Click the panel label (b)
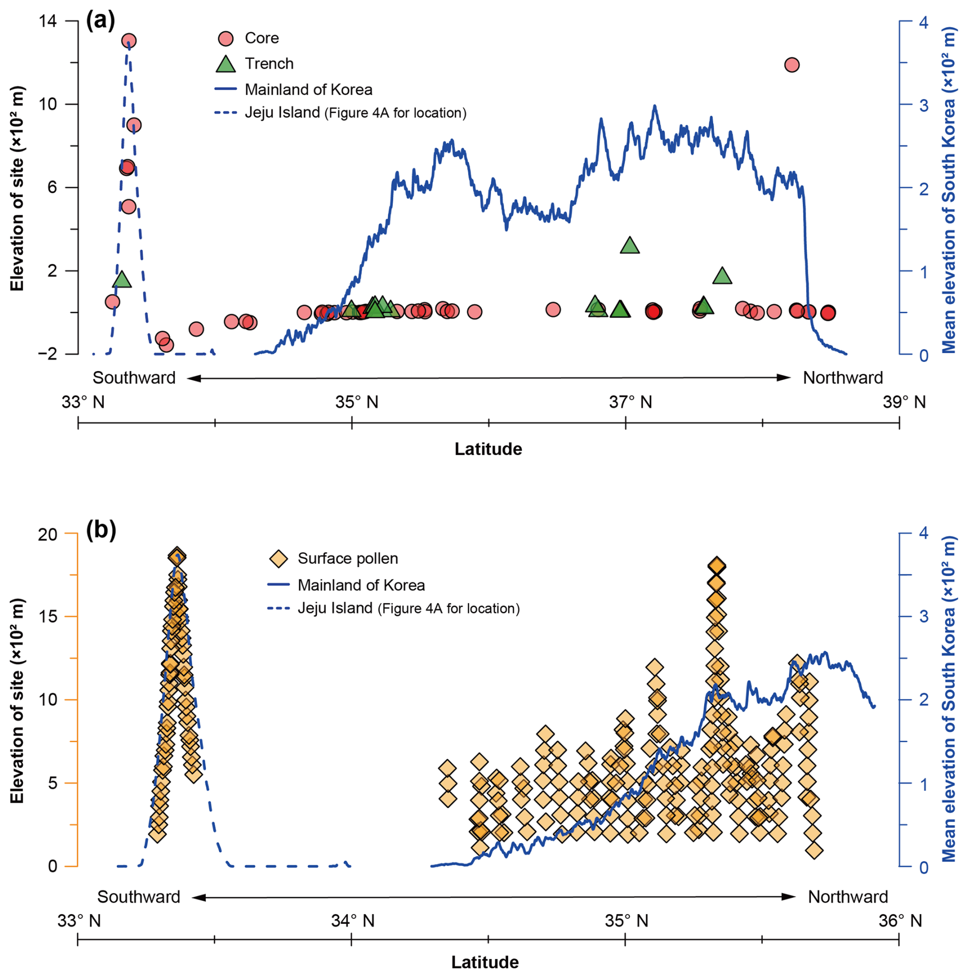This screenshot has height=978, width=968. pyautogui.click(x=101, y=530)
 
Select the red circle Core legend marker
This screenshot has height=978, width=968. pyautogui.click(x=226, y=38)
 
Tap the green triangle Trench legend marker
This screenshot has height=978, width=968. pyautogui.click(x=226, y=64)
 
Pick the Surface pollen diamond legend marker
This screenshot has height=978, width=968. pyautogui.click(x=278, y=559)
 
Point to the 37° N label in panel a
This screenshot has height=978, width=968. pyautogui.click(x=630, y=402)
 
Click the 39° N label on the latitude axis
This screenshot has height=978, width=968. pyautogui.click(x=904, y=402)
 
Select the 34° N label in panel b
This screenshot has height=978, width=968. pyautogui.click(x=353, y=921)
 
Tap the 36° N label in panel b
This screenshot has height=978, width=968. pyautogui.click(x=900, y=921)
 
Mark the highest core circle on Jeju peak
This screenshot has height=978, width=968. pyautogui.click(x=129, y=41)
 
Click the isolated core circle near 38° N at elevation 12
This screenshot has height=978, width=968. pyautogui.click(x=791, y=65)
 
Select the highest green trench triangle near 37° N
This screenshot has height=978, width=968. pyautogui.click(x=630, y=246)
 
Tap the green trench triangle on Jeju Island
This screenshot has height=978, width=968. pyautogui.click(x=122, y=280)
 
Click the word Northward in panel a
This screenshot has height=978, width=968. pyautogui.click(x=843, y=378)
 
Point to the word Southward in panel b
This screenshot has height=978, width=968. pyautogui.click(x=139, y=897)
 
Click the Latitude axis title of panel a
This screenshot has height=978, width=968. pyautogui.click(x=488, y=449)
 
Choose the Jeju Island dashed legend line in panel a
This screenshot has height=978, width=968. pyautogui.click(x=226, y=112)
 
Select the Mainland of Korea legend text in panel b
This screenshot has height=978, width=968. pyautogui.click(x=361, y=585)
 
